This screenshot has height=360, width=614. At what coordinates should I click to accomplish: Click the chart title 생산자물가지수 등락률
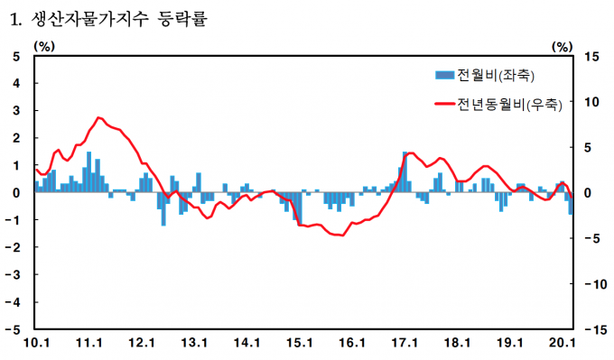click(118, 19)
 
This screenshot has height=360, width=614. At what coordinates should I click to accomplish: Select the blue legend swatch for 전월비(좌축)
click(444, 75)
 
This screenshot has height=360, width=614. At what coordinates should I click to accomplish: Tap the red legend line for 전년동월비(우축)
click(444, 104)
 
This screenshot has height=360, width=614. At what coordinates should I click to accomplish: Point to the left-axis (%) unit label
click(44, 47)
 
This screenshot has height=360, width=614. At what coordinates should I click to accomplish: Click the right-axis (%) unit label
click(563, 47)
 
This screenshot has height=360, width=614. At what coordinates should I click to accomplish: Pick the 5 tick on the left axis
click(16, 57)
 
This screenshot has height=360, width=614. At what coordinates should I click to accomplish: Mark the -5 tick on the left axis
click(12, 329)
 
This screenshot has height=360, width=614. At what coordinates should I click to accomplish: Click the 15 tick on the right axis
click(591, 57)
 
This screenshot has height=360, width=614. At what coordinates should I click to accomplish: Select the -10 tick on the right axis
click(595, 283)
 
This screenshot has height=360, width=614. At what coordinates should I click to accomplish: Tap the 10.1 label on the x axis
click(36, 343)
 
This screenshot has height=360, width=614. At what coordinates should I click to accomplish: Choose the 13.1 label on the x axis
click(194, 343)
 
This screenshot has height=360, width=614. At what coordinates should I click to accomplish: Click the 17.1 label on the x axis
click(405, 343)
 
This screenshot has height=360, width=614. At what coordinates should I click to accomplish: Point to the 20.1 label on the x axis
click(563, 343)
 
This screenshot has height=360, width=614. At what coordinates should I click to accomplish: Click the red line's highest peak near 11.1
click(98, 117)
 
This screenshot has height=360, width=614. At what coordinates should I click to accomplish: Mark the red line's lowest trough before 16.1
click(343, 235)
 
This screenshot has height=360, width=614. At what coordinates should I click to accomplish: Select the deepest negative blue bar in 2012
click(163, 209)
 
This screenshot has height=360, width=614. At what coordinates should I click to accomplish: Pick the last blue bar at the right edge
click(571, 203)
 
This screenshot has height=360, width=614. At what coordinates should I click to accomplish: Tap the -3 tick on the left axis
click(12, 274)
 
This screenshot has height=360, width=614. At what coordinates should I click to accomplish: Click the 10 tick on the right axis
click(591, 102)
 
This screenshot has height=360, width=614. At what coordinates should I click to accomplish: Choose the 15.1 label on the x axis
click(300, 343)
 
